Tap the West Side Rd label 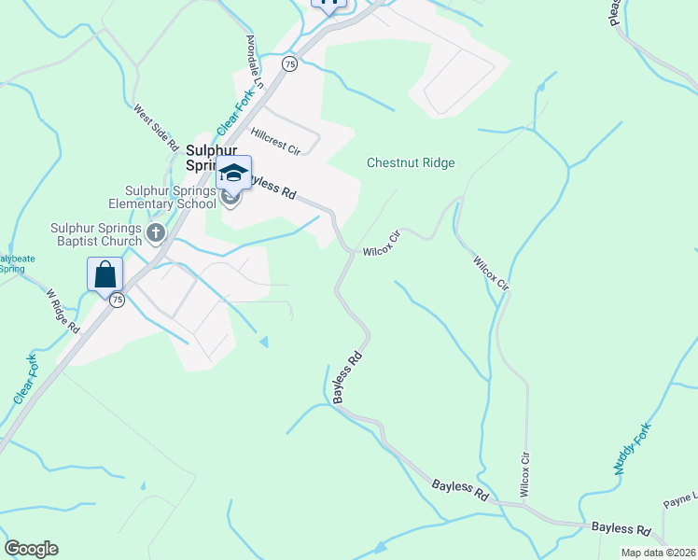click(x=156, y=127)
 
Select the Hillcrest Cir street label click(x=275, y=141)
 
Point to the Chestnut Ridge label click(x=411, y=162)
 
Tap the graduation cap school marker click(x=235, y=173)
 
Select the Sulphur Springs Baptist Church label click(x=97, y=234)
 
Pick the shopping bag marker click(x=105, y=274)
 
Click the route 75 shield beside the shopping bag click(x=117, y=300)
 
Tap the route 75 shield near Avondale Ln click(x=290, y=63)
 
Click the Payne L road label click(x=680, y=500)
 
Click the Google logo click(x=31, y=549)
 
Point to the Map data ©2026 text click(x=657, y=553)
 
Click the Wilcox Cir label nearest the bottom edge click(x=525, y=475)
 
